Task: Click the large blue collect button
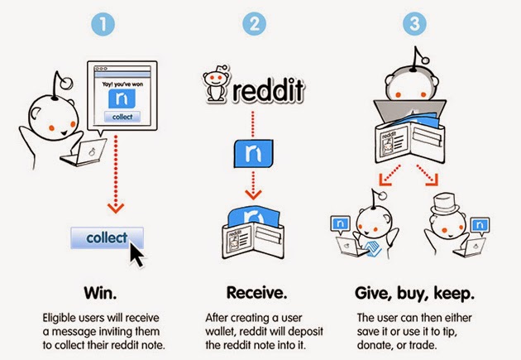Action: (x=107, y=238)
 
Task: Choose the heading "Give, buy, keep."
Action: (x=416, y=291)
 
